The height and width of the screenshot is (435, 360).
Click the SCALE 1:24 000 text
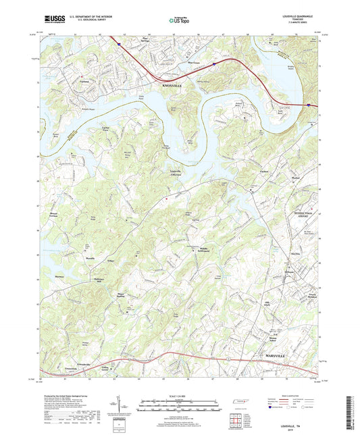[x=179, y=395]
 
